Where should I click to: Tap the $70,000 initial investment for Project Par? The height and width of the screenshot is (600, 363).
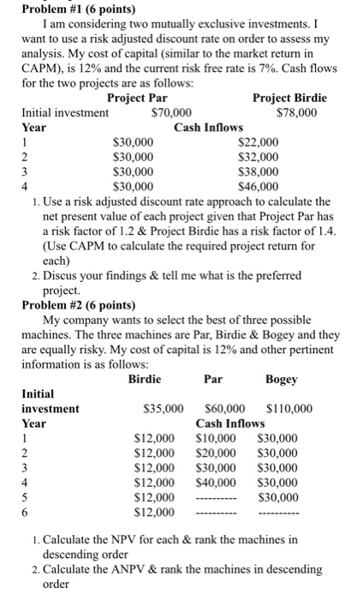[170, 112]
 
